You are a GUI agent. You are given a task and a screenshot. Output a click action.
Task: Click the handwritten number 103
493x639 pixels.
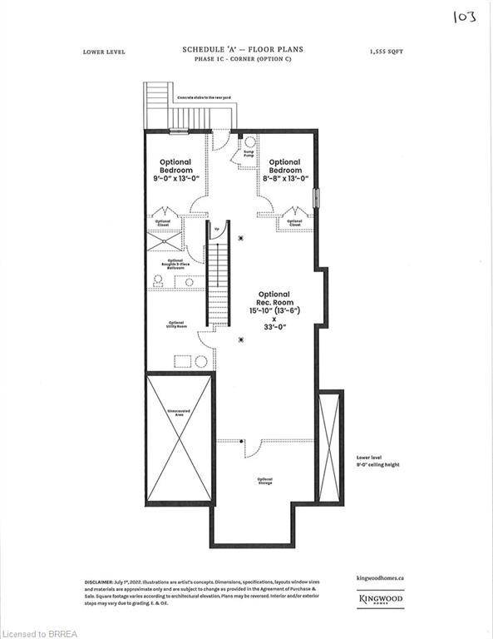pos(464,17)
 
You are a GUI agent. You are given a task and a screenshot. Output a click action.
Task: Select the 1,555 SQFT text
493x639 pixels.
pos(386,51)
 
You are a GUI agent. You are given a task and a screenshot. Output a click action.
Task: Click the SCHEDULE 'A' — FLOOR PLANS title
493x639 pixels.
pos(243,50)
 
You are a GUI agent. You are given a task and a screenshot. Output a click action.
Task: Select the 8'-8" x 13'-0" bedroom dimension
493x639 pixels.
pos(284,178)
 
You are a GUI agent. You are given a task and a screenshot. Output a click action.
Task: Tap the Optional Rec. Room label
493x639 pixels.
pos(274,299)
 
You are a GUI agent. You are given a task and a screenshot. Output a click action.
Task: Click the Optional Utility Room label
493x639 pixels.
pos(175,324)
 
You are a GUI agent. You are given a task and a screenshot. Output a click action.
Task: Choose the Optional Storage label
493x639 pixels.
pos(265,481)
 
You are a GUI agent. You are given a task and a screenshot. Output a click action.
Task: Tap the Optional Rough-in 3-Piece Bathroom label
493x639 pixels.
pos(175,265)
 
